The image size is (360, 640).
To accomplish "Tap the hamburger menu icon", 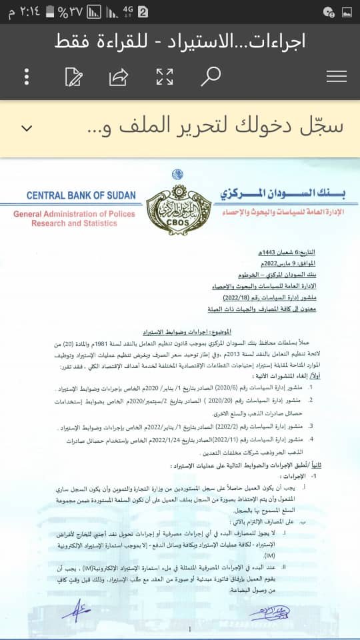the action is pyautogui.click(x=337, y=77).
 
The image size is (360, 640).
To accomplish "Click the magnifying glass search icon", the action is pyautogui.click(x=211, y=77).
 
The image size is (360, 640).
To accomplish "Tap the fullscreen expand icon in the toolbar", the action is pyautogui.click(x=165, y=77).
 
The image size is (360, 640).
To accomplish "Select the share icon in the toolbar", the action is pyautogui.click(x=119, y=77).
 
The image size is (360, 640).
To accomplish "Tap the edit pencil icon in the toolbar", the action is pyautogui.click(x=73, y=77).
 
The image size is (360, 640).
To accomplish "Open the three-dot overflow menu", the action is pyautogui.click(x=27, y=77).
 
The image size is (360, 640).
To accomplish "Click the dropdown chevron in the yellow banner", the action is pyautogui.click(x=27, y=128).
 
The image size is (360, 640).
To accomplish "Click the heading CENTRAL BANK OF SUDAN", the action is pyautogui.click(x=81, y=196).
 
